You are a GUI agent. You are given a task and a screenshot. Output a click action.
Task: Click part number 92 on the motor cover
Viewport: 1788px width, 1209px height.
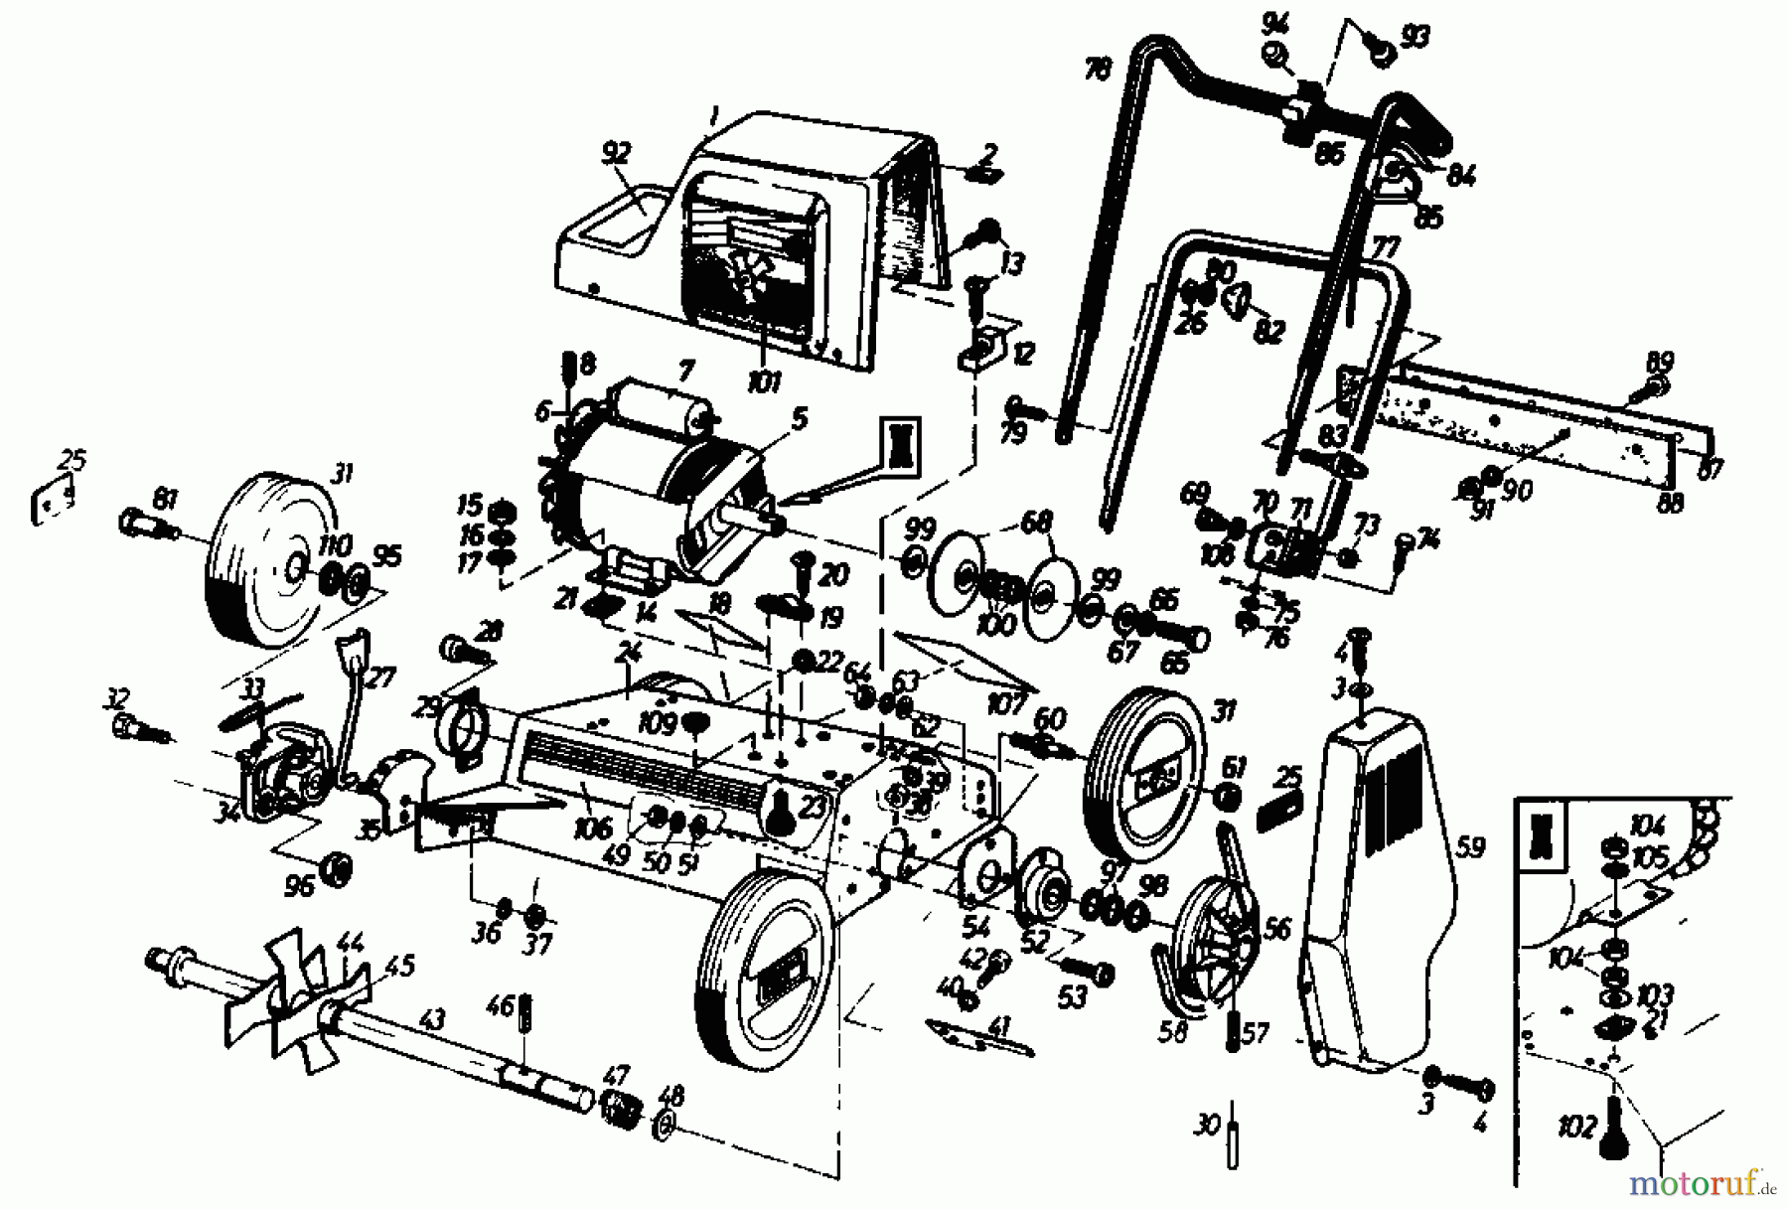(616, 154)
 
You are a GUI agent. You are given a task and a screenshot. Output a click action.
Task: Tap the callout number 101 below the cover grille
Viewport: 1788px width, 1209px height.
(763, 381)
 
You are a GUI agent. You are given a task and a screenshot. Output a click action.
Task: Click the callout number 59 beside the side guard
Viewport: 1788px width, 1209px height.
(1471, 848)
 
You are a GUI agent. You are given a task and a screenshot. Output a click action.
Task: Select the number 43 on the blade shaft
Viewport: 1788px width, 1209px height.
(433, 1019)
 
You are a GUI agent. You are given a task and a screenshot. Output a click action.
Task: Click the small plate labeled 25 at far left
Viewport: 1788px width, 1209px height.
(55, 503)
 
